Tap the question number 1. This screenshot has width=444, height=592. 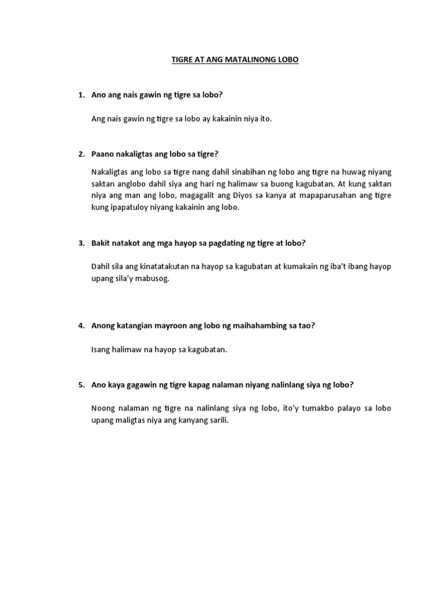(81, 94)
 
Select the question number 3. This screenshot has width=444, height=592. (81, 243)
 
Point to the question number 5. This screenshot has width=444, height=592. (81, 384)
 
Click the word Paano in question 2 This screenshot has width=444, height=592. (103, 154)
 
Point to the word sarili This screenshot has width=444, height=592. (217, 420)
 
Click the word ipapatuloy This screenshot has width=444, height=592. (135, 208)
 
